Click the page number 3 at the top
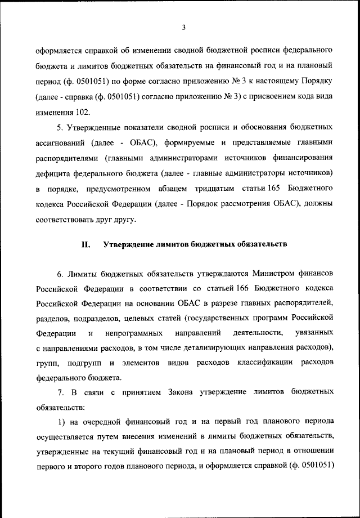click(184, 26)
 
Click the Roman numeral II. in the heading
click(85, 244)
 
